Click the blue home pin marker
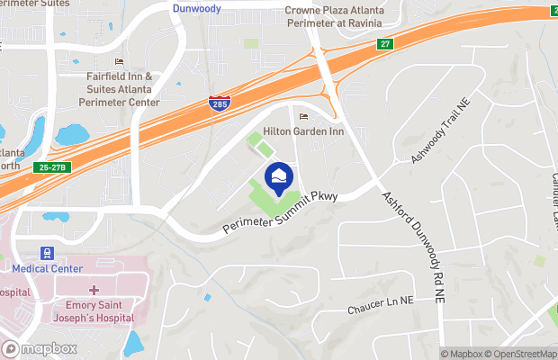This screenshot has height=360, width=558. click(278, 175)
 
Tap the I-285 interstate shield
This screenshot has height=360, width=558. click(218, 103)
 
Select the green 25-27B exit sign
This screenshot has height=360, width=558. click(53, 167)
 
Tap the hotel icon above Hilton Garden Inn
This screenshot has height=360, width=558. click(302, 116)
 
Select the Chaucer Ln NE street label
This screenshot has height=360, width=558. click(380, 307)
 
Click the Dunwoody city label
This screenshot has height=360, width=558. click(197, 7)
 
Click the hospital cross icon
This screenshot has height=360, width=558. click(94, 289)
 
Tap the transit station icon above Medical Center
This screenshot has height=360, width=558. click(45, 253)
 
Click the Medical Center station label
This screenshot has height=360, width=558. click(47, 268)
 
